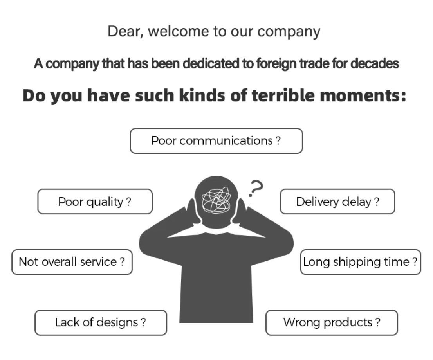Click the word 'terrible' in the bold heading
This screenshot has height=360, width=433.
[283, 95]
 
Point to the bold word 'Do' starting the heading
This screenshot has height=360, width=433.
[33, 96]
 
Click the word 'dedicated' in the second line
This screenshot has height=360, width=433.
[211, 63]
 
